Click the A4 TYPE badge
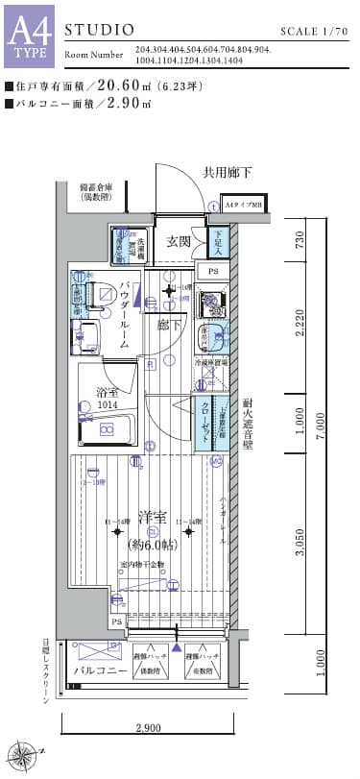29,37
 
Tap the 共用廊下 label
227,174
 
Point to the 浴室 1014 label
108,398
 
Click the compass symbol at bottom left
21,756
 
